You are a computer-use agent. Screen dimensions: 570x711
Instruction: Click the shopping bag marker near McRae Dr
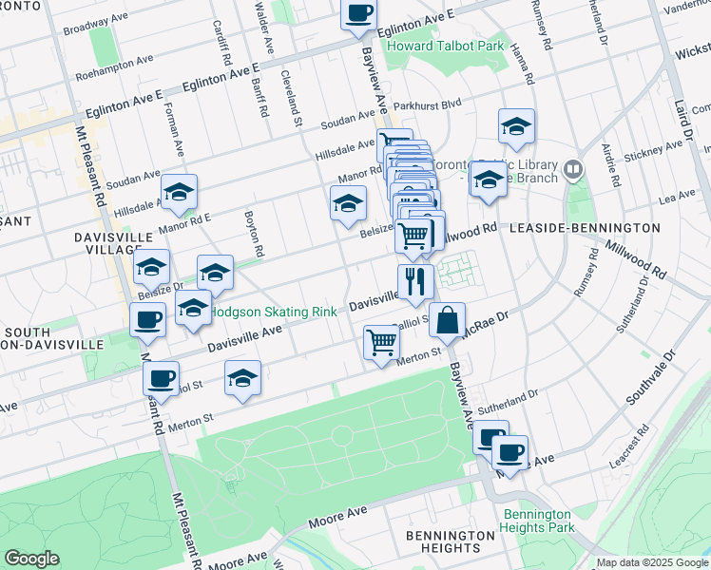pos(447,321)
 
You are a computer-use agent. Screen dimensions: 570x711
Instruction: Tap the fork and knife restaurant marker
pos(415,281)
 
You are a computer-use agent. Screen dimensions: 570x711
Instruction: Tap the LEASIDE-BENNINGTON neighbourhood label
pos(585,228)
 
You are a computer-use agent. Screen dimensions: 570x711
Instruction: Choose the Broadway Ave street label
pos(94,24)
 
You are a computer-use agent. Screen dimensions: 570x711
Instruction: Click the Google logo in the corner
pos(31,559)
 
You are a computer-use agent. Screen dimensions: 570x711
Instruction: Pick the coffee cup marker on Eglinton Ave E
pos(358,13)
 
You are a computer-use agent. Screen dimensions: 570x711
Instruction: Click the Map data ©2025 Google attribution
pos(651,562)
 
